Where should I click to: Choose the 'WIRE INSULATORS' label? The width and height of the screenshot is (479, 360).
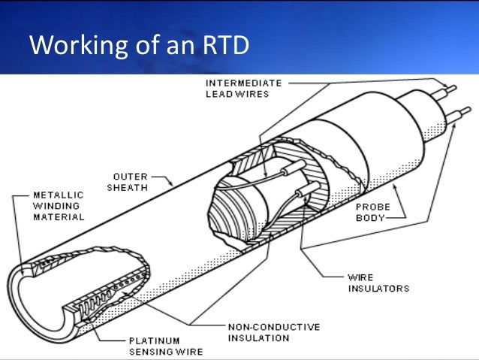click(381, 283)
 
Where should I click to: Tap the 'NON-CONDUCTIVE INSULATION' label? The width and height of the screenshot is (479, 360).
click(273, 332)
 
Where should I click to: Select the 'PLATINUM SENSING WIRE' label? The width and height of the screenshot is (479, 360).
click(153, 344)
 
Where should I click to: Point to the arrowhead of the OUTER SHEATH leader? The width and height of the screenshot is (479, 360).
click(174, 184)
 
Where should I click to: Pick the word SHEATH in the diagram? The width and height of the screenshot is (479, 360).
click(126, 188)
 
